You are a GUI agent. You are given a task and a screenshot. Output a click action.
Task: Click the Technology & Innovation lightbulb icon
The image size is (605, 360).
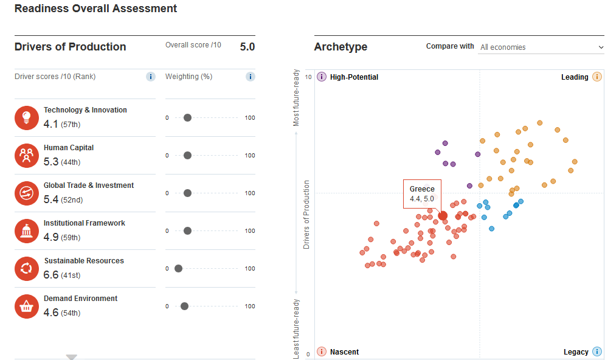click(x=27, y=118)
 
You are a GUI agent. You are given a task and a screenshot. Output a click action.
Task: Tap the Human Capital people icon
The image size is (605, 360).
click(x=27, y=156)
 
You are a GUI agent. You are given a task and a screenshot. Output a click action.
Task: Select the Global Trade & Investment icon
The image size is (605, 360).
click(x=27, y=193)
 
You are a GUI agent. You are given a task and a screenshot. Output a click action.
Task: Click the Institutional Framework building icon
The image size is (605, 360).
click(x=27, y=231)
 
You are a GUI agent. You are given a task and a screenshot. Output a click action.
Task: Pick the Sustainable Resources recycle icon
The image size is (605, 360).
click(x=27, y=269)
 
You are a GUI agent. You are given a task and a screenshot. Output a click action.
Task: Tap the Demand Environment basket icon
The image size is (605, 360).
click(x=27, y=306)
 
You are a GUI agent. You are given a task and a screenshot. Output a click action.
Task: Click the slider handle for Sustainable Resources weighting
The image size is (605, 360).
click(x=178, y=269)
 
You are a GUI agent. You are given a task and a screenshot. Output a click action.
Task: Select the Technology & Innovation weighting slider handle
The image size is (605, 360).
click(x=187, y=118)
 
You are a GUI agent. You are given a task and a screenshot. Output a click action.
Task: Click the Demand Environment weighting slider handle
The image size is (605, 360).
click(x=184, y=306)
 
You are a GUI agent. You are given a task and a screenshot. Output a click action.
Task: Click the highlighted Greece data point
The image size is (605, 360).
click(x=443, y=216)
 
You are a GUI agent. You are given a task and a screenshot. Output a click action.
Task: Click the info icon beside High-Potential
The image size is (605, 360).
click(x=322, y=77)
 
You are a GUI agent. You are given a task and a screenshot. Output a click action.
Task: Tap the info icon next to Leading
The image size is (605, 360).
click(x=597, y=77)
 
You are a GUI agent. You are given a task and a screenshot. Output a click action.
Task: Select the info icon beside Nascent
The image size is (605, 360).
click(x=322, y=351)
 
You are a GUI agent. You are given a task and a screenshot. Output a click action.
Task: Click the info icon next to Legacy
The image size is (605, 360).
click(x=597, y=351)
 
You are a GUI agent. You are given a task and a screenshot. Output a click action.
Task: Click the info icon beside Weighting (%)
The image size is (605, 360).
click(x=251, y=77)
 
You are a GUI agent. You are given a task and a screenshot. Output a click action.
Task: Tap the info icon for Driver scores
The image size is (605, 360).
click(x=150, y=77)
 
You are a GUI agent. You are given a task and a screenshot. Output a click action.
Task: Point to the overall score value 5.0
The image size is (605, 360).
click(x=247, y=47)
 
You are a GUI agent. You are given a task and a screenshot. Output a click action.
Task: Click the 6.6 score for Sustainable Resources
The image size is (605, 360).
click(x=51, y=275)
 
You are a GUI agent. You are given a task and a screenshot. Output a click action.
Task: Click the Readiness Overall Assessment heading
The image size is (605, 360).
click(x=95, y=9)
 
